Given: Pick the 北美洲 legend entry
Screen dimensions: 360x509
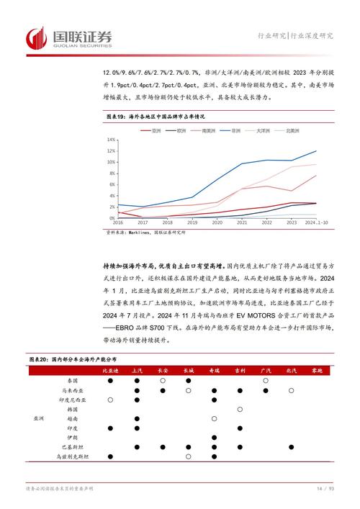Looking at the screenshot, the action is [292, 130].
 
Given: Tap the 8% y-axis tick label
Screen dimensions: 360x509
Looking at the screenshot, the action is [112, 173].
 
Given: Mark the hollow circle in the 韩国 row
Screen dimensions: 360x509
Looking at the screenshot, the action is [240, 409].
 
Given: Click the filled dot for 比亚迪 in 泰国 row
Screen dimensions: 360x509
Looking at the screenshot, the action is [110, 380].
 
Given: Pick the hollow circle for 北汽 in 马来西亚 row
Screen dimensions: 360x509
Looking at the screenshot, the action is [291, 389].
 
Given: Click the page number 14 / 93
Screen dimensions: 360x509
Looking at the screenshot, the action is [325, 490].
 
